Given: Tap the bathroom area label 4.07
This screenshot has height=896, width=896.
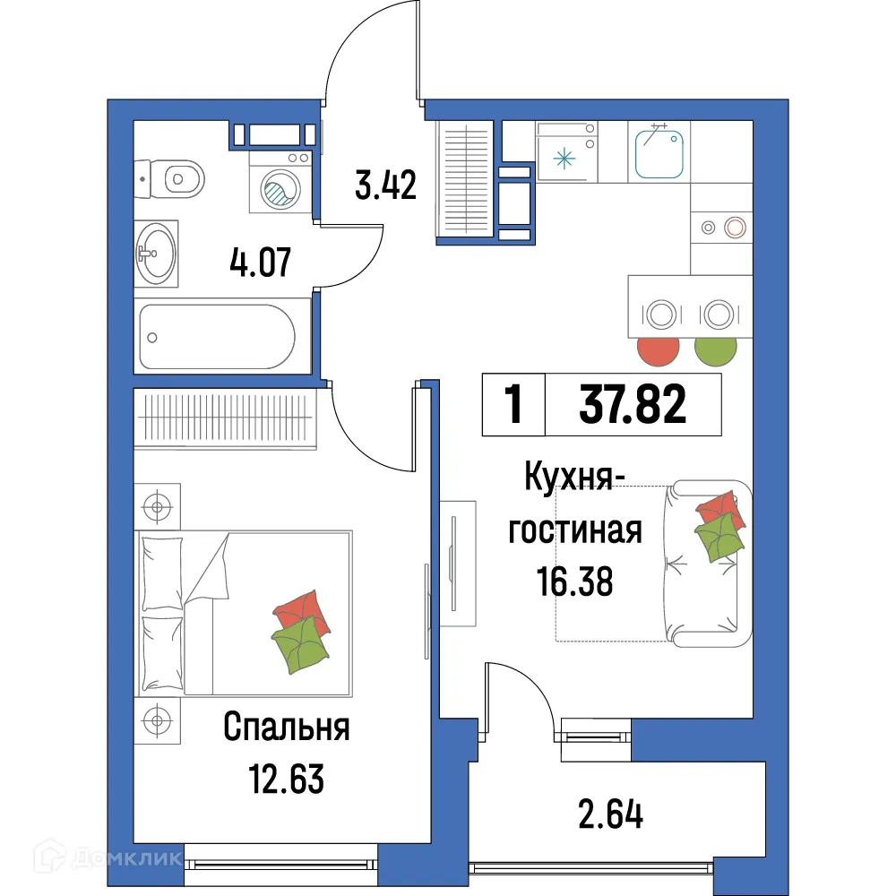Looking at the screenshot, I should (x=260, y=265).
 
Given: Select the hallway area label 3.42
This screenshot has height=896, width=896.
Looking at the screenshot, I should (x=385, y=186).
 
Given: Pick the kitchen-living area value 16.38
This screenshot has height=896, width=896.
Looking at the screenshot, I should (x=573, y=582).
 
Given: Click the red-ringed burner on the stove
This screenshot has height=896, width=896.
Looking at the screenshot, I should (x=736, y=228).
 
